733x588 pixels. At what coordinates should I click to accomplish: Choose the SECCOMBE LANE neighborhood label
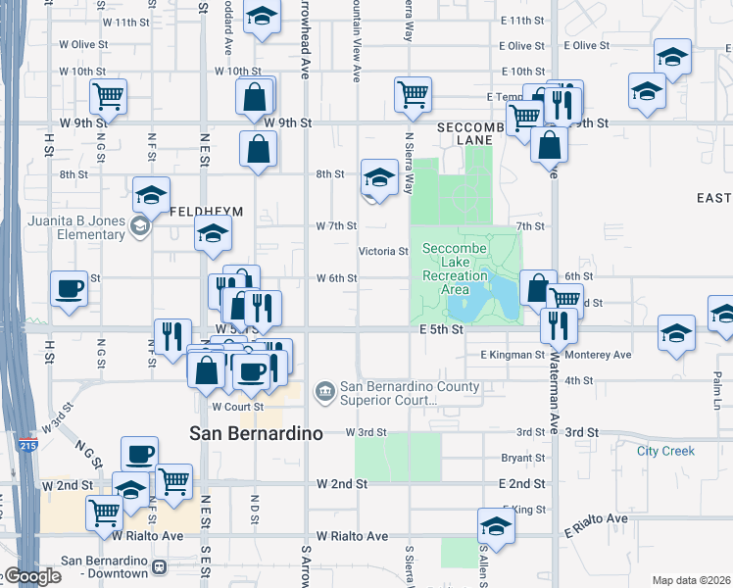(x=471, y=133)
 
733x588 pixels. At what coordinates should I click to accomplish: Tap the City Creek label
(x=665, y=451)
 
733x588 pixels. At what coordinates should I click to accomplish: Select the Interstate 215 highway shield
(x=24, y=446)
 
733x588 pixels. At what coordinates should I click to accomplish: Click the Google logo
(x=31, y=576)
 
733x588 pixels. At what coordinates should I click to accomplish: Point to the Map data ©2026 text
(x=691, y=580)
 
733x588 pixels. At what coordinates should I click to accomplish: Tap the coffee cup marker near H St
(x=69, y=288)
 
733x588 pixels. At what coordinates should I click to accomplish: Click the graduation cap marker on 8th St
(x=379, y=177)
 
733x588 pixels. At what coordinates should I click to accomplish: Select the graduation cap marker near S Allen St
(x=496, y=526)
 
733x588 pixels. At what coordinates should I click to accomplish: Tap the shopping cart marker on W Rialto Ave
(x=105, y=512)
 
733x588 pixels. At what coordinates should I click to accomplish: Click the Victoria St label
(x=382, y=252)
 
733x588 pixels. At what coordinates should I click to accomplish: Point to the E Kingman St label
(x=512, y=355)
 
